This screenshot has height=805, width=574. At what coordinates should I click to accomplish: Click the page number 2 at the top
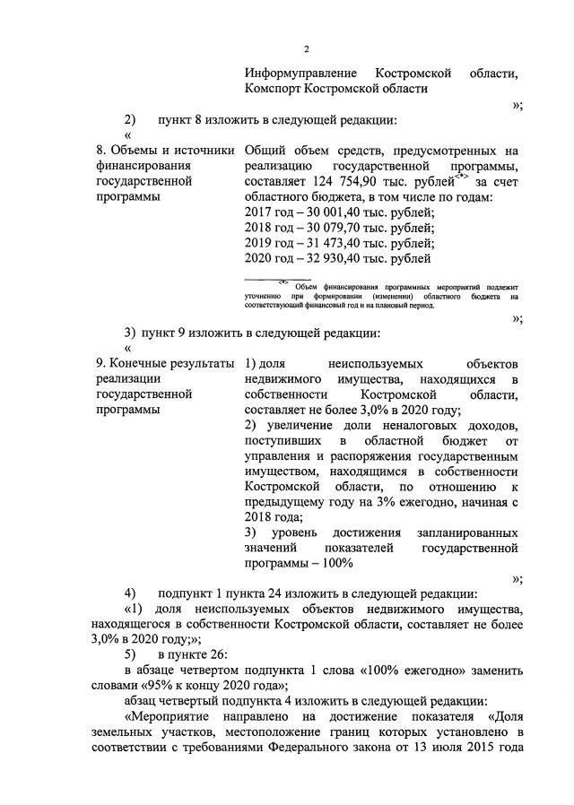(x=306, y=48)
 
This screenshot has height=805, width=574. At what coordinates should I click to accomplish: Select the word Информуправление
(x=301, y=72)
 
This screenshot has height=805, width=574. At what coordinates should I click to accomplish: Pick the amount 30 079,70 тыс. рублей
(x=364, y=228)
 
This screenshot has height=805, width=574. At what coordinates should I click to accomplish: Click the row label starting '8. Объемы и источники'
(x=165, y=150)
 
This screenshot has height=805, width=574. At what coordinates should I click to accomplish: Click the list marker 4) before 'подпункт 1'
(x=131, y=593)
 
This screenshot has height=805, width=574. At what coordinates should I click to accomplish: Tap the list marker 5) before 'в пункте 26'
(x=131, y=654)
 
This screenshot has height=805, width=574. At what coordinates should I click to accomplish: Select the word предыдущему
(x=286, y=502)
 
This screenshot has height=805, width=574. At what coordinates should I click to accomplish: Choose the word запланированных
(x=468, y=532)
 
